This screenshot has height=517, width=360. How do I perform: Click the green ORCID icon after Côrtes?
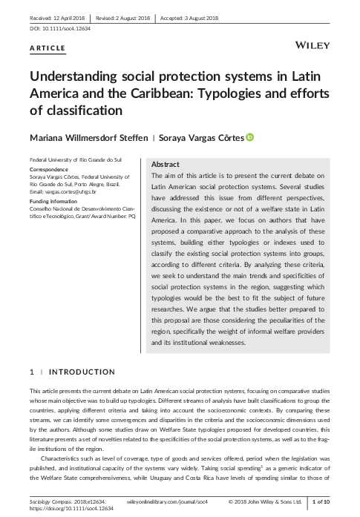270,137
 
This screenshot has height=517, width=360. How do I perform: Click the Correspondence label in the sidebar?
49,168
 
